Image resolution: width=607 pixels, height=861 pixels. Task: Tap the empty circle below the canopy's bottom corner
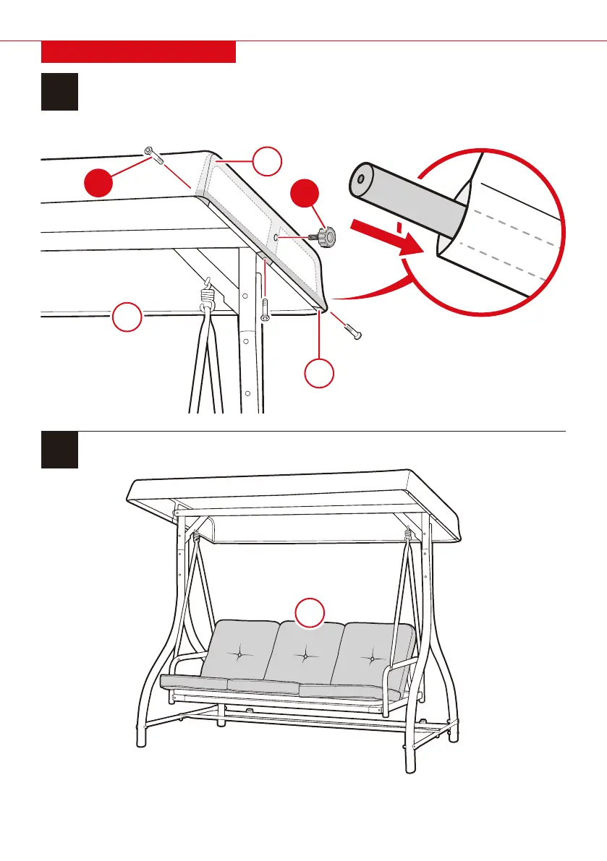point(319,373)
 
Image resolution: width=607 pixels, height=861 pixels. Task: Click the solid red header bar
point(138,52)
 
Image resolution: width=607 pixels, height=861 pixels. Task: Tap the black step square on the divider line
point(59,450)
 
